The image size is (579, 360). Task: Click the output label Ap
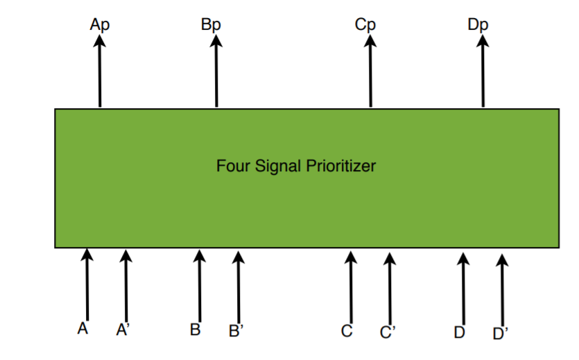[100, 25]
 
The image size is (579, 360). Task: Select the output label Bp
[211, 25]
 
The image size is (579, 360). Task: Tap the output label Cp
[365, 25]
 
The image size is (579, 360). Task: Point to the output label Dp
[478, 25]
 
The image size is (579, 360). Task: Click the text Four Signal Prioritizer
[296, 166]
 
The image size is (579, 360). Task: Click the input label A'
[123, 331]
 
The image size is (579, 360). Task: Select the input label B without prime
[196, 330]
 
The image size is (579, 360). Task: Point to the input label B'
[236, 332]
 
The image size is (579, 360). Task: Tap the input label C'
[387, 332]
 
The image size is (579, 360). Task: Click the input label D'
[500, 334]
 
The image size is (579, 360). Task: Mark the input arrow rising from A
[87, 284]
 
